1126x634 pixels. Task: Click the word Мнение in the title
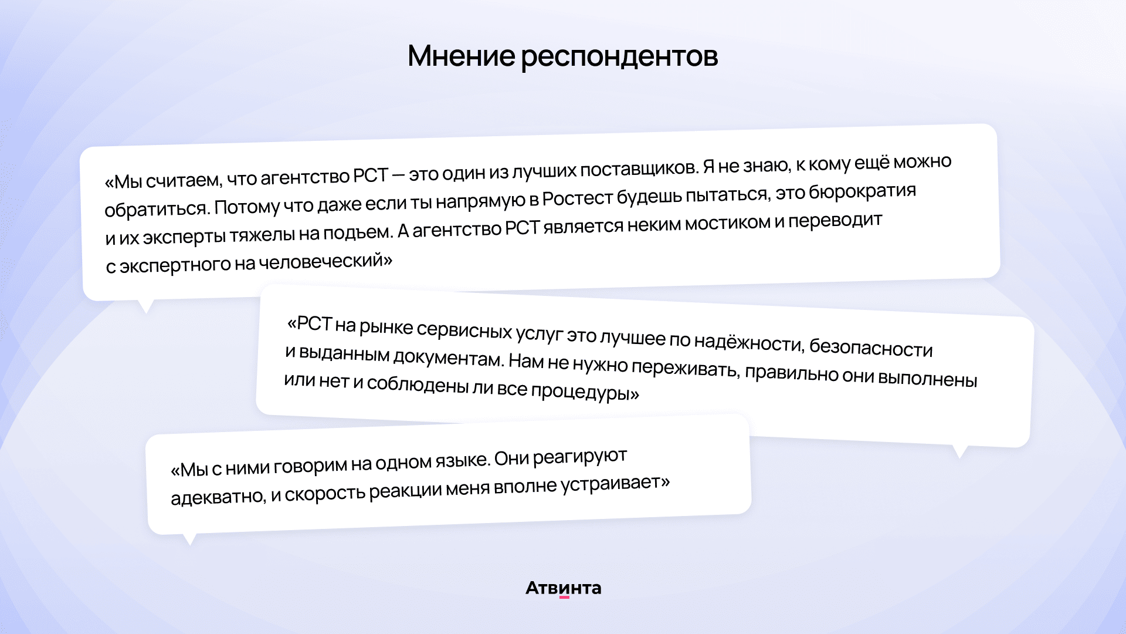[x=461, y=56]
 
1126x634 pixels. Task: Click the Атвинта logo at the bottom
[x=563, y=588]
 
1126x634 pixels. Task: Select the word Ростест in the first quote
[x=578, y=198]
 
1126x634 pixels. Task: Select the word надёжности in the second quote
[x=748, y=341]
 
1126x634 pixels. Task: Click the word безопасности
[x=871, y=348]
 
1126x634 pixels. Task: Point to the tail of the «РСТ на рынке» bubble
[x=959, y=451]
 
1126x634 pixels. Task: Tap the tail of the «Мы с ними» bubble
[x=189, y=539]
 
